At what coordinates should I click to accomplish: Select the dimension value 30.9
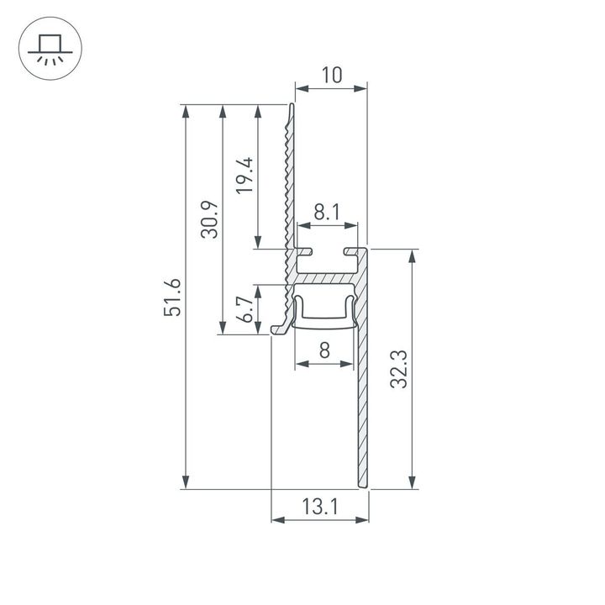tap(210, 219)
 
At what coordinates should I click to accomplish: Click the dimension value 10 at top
tap(331, 75)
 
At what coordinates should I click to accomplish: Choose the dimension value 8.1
tap(327, 213)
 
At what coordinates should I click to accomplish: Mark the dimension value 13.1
tap(320, 506)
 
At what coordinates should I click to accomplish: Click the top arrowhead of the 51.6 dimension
tap(185, 110)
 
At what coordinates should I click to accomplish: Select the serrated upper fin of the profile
tap(291, 176)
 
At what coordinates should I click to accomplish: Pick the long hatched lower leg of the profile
tap(363, 403)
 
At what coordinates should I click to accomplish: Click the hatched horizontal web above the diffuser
tap(328, 276)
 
